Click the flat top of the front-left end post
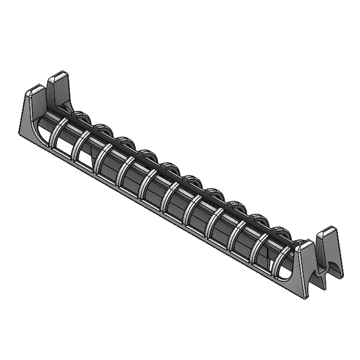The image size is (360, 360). point(35,89)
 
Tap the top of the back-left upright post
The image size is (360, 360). point(58,76)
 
